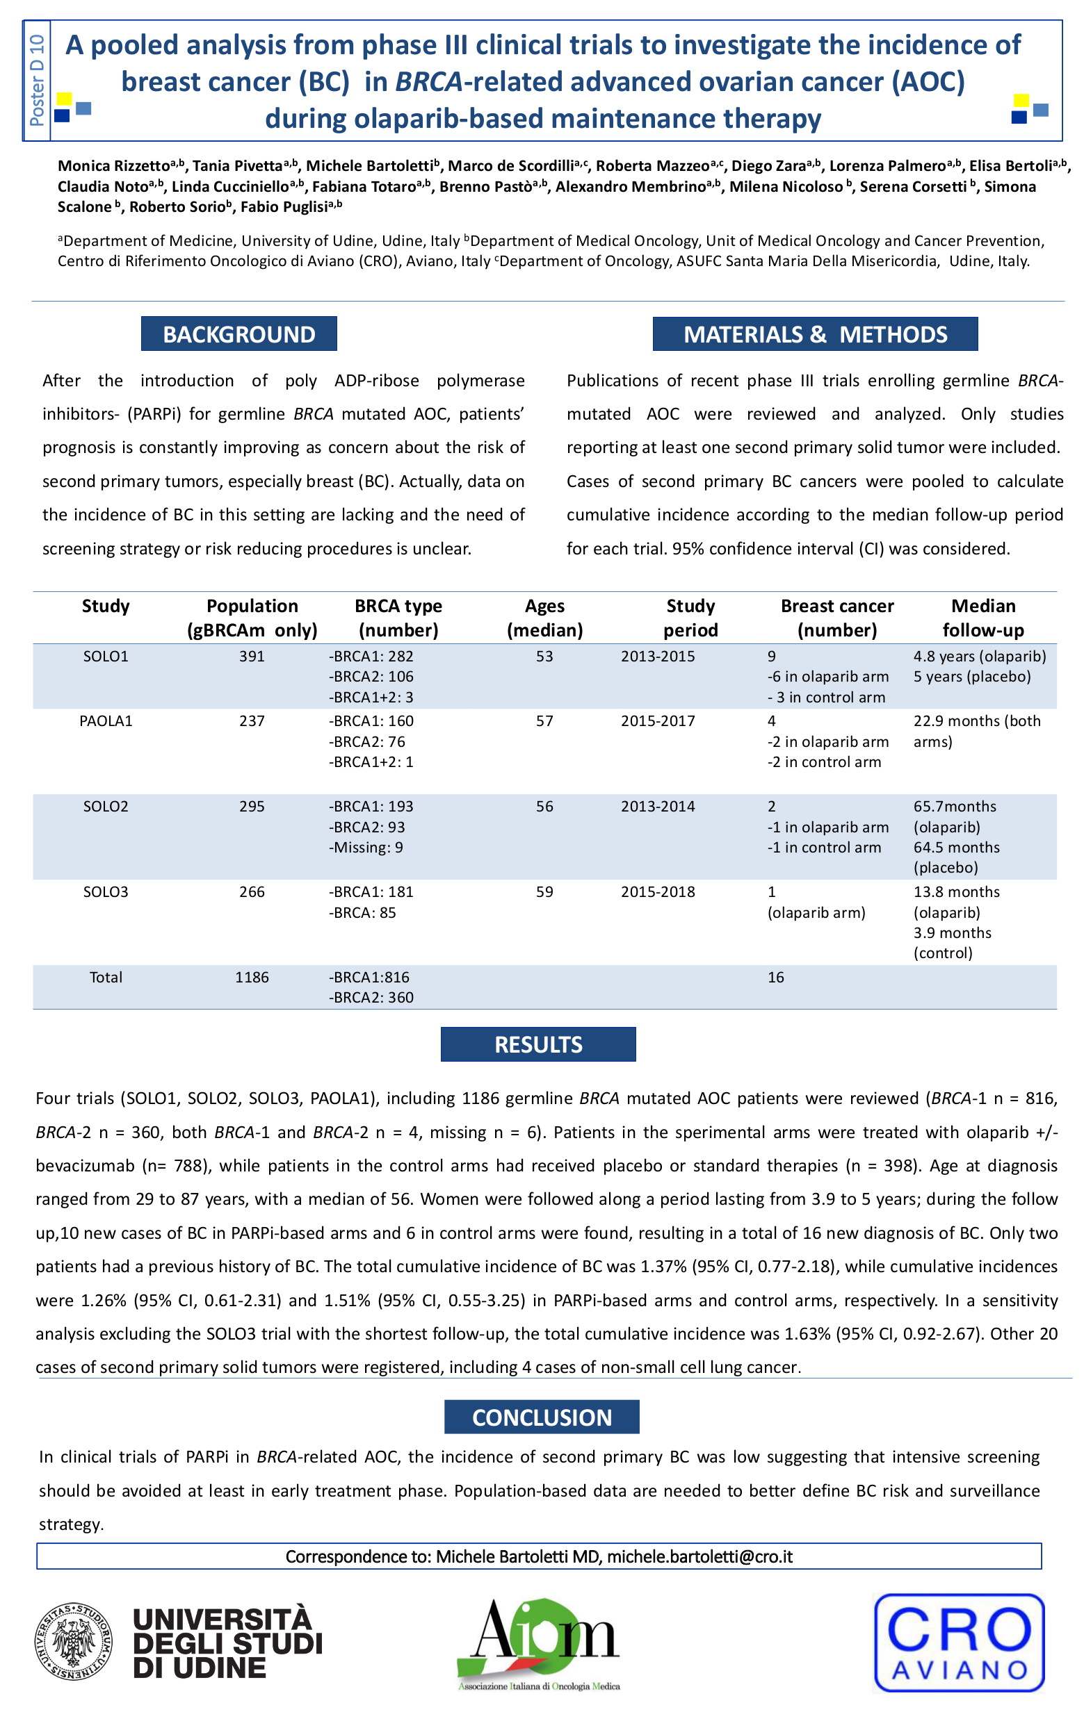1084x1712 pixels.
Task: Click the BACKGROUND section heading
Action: click(238, 334)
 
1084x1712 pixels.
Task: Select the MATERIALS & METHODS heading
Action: click(814, 334)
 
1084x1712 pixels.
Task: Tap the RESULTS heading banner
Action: click(537, 1044)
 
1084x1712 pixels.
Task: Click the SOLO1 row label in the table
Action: click(105, 656)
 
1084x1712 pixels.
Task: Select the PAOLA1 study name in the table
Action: click(105, 721)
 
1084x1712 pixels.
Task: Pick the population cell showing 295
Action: click(252, 806)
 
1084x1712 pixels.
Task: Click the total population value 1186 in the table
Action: click(252, 977)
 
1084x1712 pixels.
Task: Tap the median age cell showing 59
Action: click(544, 891)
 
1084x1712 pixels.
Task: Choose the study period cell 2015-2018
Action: click(658, 891)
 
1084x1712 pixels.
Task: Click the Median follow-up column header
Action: click(983, 618)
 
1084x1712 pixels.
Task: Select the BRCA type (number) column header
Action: click(398, 618)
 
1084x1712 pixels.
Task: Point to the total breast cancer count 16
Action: click(775, 977)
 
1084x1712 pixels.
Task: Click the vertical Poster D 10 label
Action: click(38, 81)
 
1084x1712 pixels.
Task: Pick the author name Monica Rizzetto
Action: click(114, 166)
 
